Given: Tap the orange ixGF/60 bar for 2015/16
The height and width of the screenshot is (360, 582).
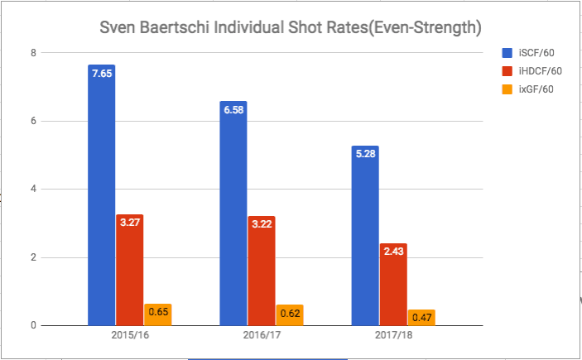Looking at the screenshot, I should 157,314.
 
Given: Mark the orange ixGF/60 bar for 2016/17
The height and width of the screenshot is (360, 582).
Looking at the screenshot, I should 289,314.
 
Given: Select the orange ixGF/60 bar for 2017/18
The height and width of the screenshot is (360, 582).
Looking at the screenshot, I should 421,317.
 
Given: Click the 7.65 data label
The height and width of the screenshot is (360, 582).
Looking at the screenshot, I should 102,74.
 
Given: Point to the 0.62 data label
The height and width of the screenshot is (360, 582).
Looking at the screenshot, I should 289,314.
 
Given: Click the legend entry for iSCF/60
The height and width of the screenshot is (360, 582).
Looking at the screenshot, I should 533,54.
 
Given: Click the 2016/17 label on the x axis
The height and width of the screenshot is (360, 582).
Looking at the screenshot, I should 261,338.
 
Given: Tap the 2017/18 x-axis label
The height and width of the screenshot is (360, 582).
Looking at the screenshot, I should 393,338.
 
